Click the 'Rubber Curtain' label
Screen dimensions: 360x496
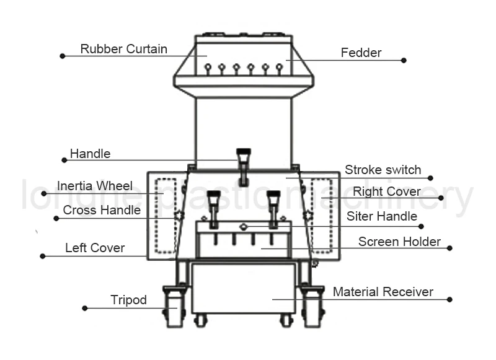123,49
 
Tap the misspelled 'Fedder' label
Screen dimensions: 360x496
361,53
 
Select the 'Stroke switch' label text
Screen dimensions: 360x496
383,170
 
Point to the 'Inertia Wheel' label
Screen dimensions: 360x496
94,186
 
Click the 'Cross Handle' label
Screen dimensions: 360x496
102,210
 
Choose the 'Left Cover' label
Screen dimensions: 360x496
95,248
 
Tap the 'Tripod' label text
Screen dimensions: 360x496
128,300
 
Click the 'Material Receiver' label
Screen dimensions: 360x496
383,292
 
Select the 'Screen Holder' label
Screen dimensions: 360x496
399,242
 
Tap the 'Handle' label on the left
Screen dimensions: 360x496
90,153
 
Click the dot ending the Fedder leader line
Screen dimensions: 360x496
404,60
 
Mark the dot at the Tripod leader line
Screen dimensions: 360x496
84,308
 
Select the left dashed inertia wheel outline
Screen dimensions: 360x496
166,216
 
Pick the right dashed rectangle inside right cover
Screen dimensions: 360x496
322,216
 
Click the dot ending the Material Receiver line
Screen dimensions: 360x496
449,299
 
